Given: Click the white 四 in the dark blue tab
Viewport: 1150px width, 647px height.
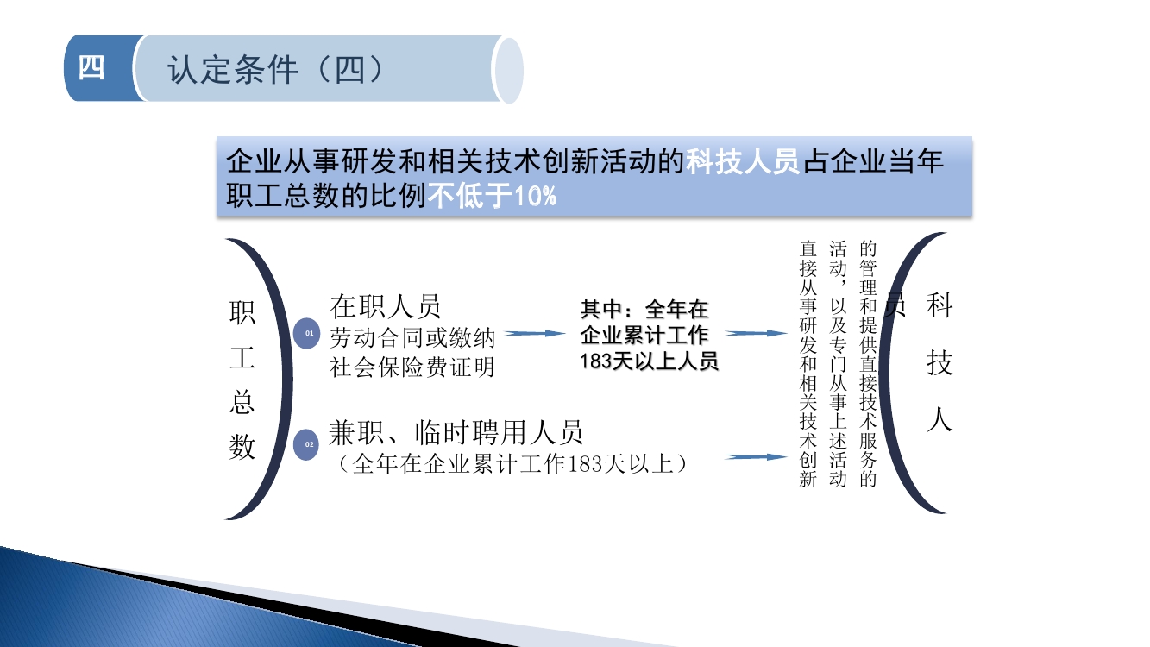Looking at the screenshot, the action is pos(91,68).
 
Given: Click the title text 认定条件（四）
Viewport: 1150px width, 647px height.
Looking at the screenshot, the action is pos(275,69).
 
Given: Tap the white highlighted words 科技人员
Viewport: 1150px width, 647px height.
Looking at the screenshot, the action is pos(743,161).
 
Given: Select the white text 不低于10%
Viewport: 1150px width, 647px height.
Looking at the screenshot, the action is pos(492,196).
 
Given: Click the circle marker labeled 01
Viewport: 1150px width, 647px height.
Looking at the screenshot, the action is pos(306,333).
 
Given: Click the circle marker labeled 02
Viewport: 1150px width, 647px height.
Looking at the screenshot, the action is pos(306,444).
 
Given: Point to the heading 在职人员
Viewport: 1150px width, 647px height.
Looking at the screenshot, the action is pos(385,306).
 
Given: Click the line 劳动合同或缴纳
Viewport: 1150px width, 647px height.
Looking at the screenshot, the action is pos(412,338).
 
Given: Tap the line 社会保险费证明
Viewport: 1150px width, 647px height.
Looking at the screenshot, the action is pos(412,367).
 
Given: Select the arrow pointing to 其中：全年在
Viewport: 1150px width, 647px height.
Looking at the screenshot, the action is pos(534,333).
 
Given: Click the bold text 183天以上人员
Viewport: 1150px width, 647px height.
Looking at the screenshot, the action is pos(649,361).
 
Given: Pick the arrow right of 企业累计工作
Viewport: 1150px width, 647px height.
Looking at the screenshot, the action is pos(756,333).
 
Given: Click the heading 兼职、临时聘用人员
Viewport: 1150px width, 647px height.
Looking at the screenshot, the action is pos(456,432).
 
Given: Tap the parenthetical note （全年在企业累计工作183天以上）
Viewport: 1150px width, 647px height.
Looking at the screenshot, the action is pos(512,464).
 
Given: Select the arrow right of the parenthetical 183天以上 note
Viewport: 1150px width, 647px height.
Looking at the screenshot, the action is pos(756,456).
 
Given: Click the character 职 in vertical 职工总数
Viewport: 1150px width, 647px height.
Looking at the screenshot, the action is pos(242,312).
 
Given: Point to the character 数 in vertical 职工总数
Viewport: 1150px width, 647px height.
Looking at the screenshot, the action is pos(242,446).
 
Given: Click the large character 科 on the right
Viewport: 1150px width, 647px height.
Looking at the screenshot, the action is pos(939,305).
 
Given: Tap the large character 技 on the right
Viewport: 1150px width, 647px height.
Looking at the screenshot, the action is pos(939,362).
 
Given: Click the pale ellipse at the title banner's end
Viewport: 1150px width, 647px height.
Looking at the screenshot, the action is pos(508,70).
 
